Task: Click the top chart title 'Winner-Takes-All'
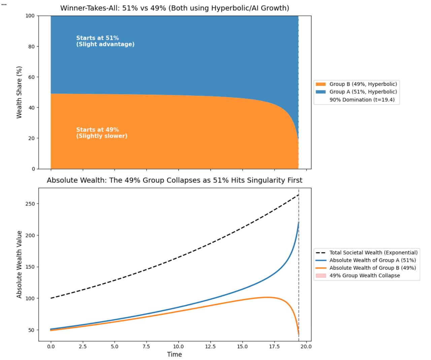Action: (x=174, y=8)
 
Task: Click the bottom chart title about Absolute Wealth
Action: (x=174, y=180)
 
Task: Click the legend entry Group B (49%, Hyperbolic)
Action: (x=363, y=84)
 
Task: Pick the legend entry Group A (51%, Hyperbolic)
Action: (x=363, y=92)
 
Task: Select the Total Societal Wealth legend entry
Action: (x=373, y=252)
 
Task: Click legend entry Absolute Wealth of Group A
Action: (x=372, y=260)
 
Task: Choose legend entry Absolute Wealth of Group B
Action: (x=372, y=268)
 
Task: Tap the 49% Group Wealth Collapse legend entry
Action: (x=364, y=275)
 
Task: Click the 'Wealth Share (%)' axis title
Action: (x=19, y=92)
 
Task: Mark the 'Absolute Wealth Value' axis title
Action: (x=19, y=264)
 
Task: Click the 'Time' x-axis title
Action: (x=174, y=354)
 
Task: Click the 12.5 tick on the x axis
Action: (x=210, y=347)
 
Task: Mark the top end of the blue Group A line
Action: (x=298, y=222)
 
